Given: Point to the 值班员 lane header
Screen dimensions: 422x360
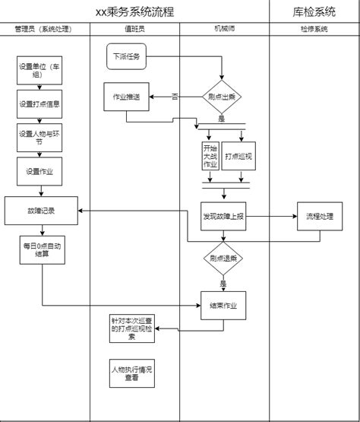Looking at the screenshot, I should pyautogui.click(x=134, y=29).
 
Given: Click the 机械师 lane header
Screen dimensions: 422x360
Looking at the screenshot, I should pyautogui.click(x=224, y=29).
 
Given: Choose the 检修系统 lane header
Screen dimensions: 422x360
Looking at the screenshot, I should pyautogui.click(x=314, y=29).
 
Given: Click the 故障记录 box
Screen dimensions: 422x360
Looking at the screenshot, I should pyautogui.click(x=41, y=210).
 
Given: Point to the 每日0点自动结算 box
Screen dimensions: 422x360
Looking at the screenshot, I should pyautogui.click(x=41, y=250).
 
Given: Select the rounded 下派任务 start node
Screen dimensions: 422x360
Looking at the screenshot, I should pyautogui.click(x=126, y=56).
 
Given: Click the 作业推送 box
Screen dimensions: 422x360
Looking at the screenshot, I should pyautogui.click(x=126, y=97).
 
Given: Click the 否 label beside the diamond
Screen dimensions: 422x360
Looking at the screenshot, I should pyautogui.click(x=175, y=97).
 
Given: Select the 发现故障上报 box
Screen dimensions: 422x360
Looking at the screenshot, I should pyautogui.click(x=223, y=216).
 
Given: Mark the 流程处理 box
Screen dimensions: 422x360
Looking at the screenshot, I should pyautogui.click(x=320, y=216).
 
